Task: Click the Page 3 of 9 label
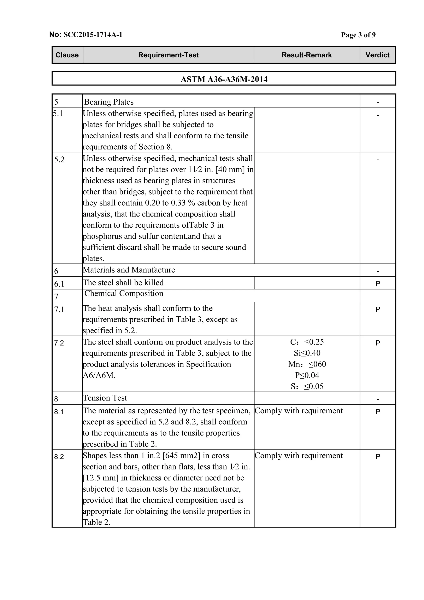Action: point(358,35)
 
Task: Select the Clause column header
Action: point(67,55)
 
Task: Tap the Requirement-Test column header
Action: point(168,55)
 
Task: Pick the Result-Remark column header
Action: point(307,55)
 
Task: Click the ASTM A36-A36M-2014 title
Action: point(224,79)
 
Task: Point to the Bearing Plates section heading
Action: point(109,102)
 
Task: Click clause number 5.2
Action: point(59,160)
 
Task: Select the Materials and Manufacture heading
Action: point(129,270)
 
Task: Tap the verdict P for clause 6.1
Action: point(378,284)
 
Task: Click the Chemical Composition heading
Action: point(124,293)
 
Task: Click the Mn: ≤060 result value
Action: point(307,364)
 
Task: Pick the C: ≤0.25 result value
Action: point(307,342)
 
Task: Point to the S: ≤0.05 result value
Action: point(307,386)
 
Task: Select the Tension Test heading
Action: point(105,398)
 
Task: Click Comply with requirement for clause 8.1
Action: point(298,411)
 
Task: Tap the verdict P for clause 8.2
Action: point(378,457)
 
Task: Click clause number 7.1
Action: point(59,310)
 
